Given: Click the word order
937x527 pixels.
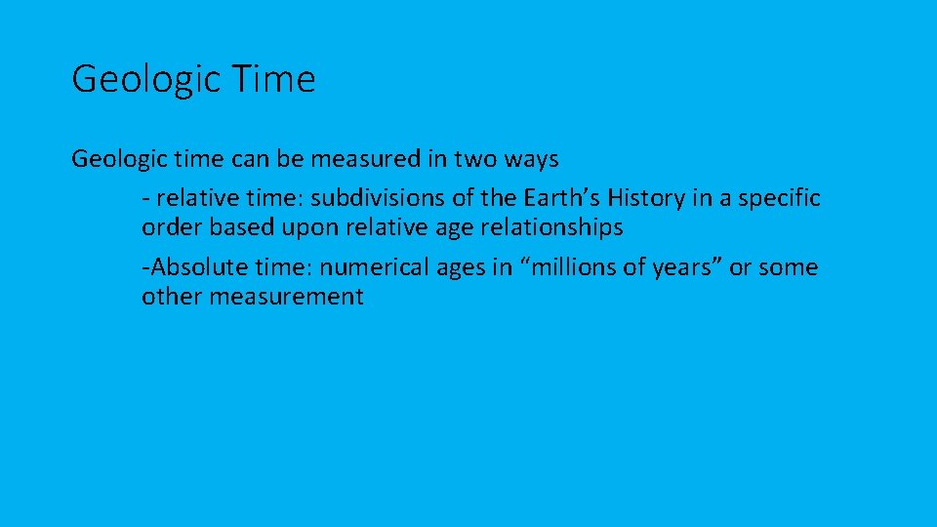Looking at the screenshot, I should (169, 227).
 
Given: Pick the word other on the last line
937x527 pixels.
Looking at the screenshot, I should (169, 297).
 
